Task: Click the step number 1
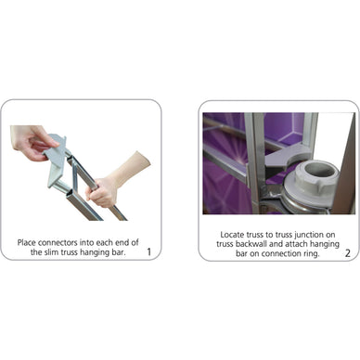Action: [x=149, y=252]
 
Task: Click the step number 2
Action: [x=348, y=253]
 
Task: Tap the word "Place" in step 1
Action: [x=27, y=242]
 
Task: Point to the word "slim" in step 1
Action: [x=51, y=252]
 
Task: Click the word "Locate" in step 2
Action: [x=232, y=235]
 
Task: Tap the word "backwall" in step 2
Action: [x=251, y=244]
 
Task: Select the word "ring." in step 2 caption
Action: [x=310, y=254]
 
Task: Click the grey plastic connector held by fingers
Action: [x=57, y=161]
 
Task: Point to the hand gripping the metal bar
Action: [x=102, y=192]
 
